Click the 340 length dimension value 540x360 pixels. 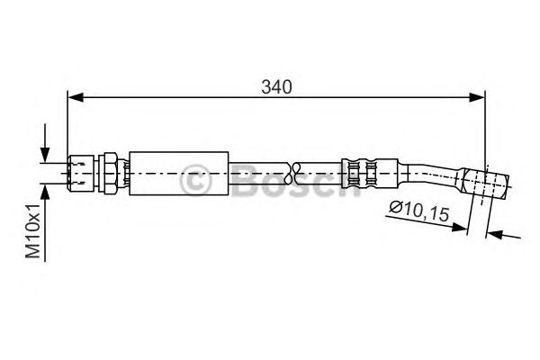(276, 87)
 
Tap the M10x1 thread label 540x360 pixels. (33, 230)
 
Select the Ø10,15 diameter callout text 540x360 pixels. (419, 211)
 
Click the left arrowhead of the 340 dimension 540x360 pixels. (76, 97)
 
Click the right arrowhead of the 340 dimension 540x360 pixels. (477, 97)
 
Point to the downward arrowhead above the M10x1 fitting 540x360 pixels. (45, 154)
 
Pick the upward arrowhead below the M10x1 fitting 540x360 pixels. (45, 192)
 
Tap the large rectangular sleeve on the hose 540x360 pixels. (179, 174)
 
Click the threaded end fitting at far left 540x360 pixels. (81, 173)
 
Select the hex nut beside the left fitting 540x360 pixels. (107, 173)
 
